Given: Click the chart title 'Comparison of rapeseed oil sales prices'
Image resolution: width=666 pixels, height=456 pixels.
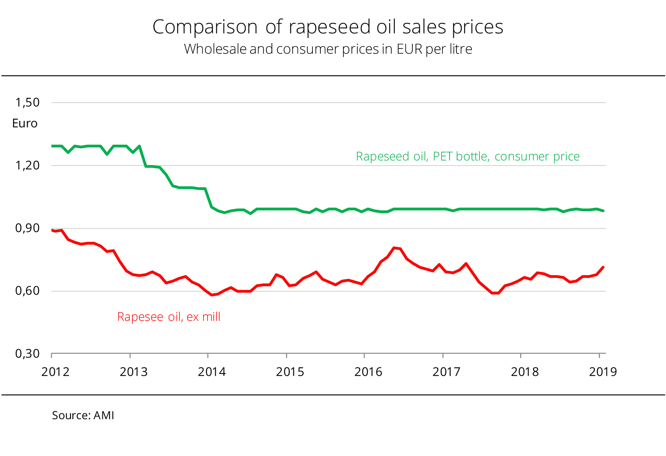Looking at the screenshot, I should pos(328,27).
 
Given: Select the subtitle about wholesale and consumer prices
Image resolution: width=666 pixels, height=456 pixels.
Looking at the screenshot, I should pos(328,49).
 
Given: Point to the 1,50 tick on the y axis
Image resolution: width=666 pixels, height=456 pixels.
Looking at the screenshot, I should pos(27,103).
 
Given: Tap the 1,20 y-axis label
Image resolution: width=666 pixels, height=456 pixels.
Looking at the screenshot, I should pos(27,166).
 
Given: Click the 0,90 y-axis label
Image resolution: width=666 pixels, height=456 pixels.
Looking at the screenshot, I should pos(27,228).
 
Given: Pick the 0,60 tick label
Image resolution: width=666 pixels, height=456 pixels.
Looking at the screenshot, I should pos(27,291).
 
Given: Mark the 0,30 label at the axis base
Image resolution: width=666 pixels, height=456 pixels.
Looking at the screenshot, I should pos(27,354).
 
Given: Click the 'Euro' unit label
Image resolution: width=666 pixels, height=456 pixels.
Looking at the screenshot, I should pos(25,123).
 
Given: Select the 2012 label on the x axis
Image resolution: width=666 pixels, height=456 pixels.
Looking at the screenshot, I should pos(55,372).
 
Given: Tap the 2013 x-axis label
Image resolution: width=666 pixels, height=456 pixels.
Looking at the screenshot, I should pos(134,372).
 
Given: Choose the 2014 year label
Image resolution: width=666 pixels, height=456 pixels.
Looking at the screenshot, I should pos(212,372).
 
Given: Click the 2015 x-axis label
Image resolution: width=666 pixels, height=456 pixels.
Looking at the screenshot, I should pos(290,372).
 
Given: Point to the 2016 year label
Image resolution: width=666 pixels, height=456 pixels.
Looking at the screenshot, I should pos(368,372).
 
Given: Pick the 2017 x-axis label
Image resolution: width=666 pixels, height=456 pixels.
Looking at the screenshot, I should pos(446,372).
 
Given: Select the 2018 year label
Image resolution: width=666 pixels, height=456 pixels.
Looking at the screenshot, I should pos(525,372).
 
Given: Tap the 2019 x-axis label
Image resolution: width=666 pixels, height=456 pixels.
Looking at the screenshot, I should pos(603,372).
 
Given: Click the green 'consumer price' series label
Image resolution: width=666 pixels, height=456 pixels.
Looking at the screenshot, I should pos(468,157).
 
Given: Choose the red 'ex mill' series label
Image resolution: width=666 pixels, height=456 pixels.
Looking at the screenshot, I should pos(169,317).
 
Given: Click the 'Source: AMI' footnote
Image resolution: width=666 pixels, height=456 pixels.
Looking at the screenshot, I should pos(83,416).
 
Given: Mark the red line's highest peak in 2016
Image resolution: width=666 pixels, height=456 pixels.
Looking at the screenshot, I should pos(394,248).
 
